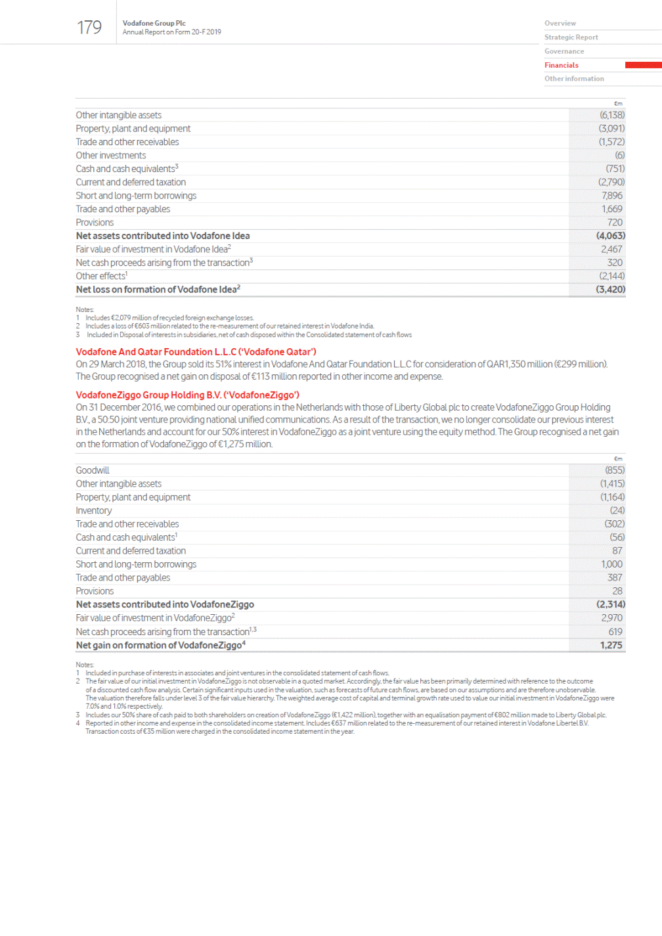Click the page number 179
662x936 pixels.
[x=89, y=28]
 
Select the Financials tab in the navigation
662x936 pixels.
[x=562, y=65]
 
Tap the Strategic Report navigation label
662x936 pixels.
[x=571, y=37]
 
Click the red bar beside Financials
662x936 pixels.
[x=643, y=65]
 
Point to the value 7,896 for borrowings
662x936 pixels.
[x=611, y=196]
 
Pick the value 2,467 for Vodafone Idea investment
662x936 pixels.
[x=611, y=250]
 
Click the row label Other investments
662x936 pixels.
[x=111, y=156]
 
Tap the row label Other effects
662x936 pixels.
[x=100, y=277]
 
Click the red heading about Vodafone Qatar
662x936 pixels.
[x=196, y=352]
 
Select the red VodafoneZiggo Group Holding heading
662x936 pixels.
[x=187, y=395]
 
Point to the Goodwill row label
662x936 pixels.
[x=93, y=470]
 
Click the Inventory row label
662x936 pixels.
[x=94, y=511]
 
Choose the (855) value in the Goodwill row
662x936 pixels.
[x=615, y=470]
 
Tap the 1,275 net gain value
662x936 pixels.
[x=611, y=646]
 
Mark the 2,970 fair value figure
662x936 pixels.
[x=611, y=618]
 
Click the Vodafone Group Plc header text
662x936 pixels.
[x=154, y=23]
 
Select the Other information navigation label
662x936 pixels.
[x=574, y=79]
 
